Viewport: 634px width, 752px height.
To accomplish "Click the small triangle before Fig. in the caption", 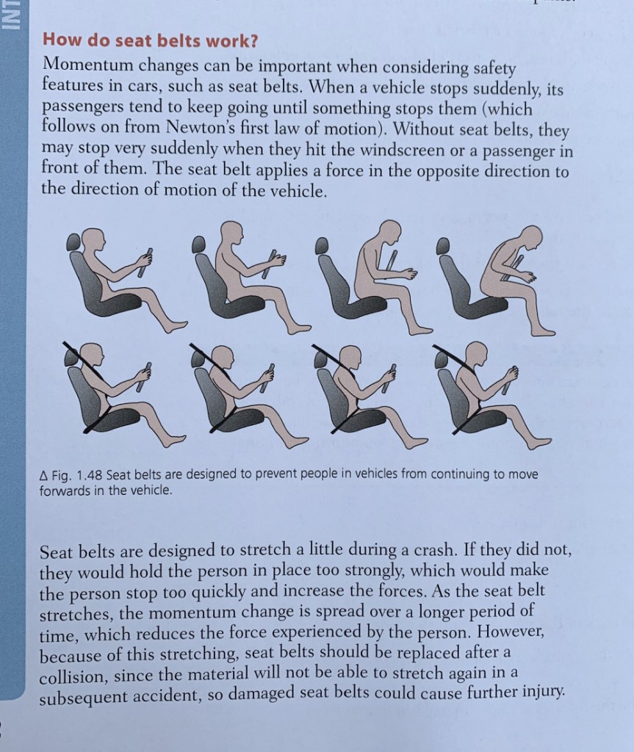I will [x=43, y=474].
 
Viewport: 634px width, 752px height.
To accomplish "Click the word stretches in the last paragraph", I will [x=73, y=613].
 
